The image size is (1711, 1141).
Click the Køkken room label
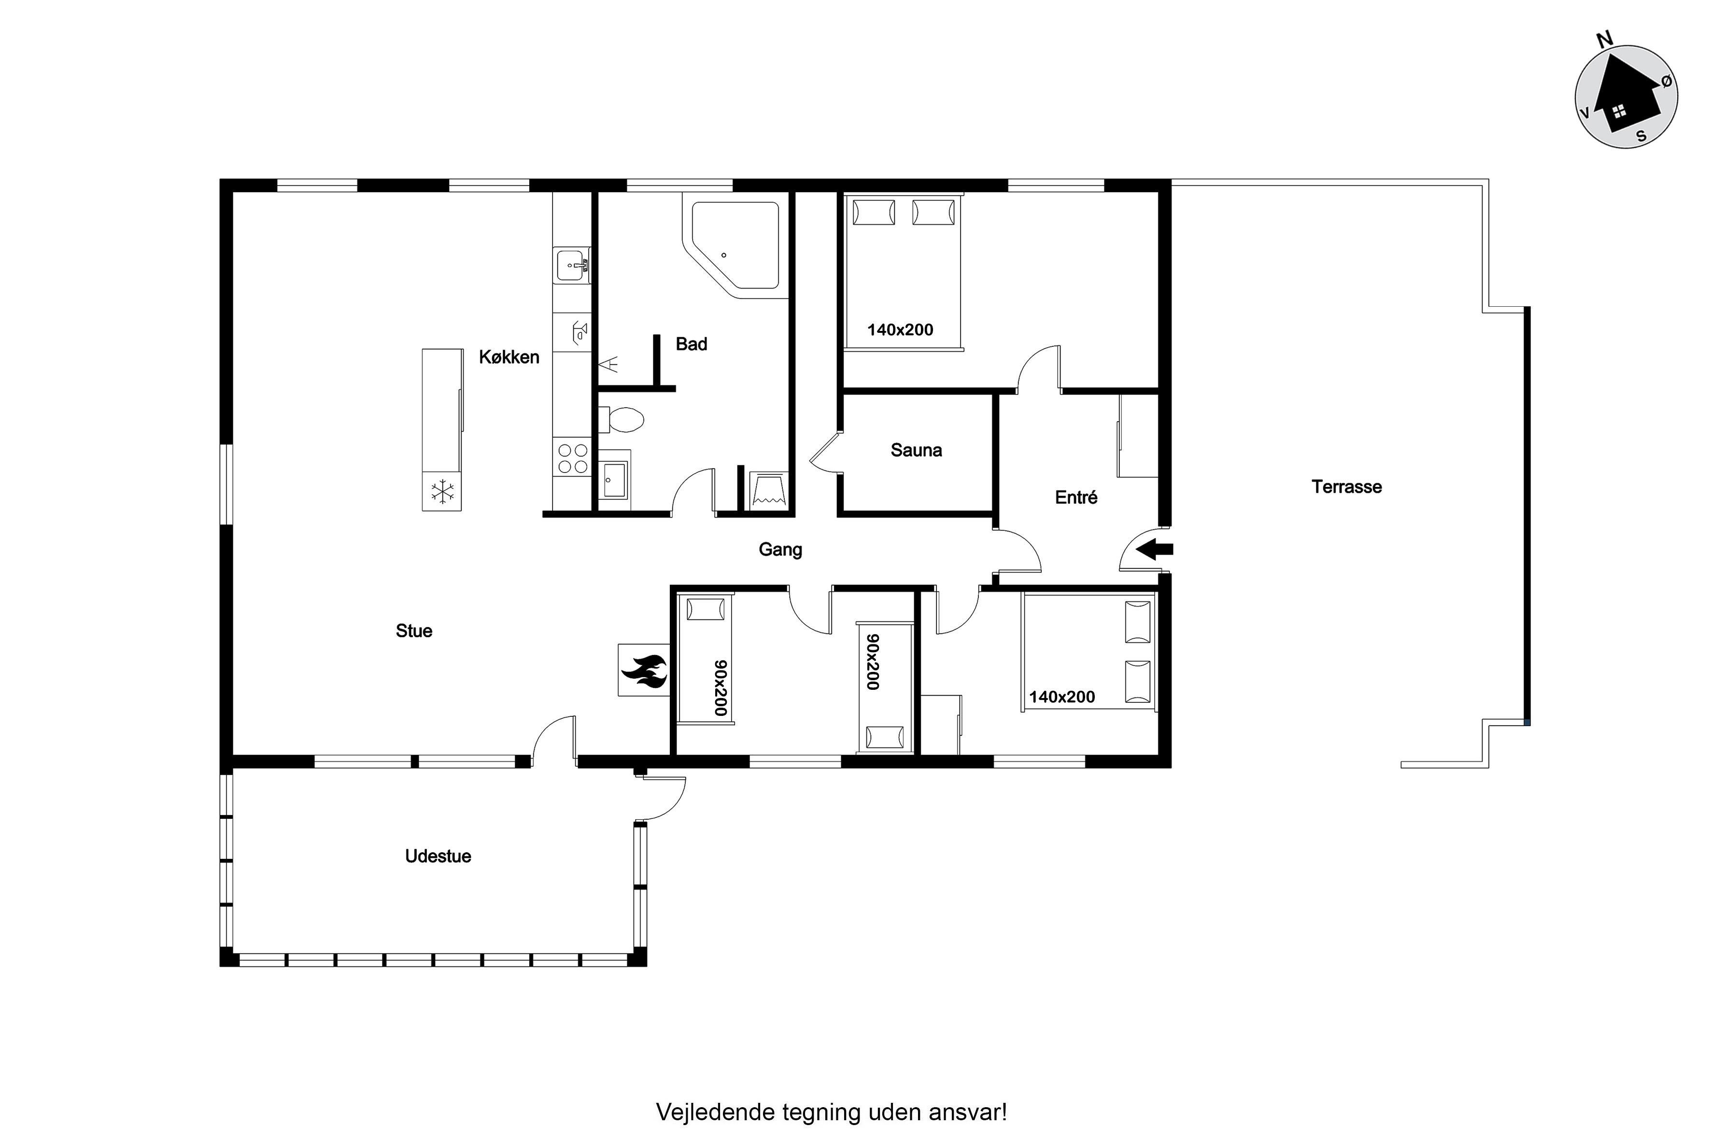509,357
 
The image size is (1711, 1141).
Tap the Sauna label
916,450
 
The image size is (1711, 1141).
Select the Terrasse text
1346,487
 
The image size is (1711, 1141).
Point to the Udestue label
438,856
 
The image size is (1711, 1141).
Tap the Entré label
1076,497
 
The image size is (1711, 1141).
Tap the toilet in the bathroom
622,420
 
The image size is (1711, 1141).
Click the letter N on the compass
1605,40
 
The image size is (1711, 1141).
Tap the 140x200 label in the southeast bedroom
1061,697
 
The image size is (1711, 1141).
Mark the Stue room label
414,631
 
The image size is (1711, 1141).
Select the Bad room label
691,344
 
